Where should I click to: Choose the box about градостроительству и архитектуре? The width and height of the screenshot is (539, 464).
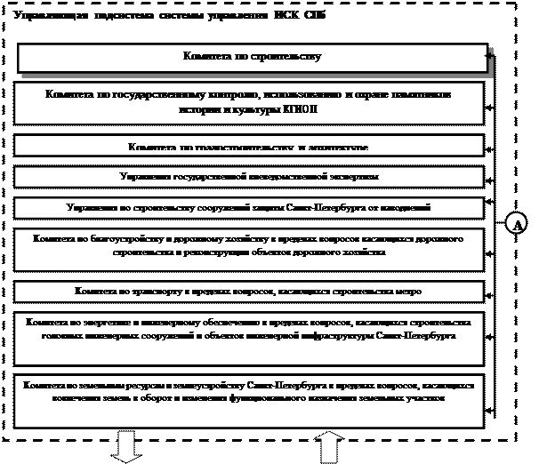click(x=249, y=146)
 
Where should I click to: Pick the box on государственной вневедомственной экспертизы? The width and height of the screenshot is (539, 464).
click(x=249, y=177)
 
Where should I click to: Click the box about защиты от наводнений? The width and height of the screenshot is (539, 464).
click(x=249, y=207)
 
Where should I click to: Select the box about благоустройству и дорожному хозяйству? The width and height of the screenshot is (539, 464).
click(x=249, y=246)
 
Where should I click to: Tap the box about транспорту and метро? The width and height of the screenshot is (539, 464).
click(x=249, y=291)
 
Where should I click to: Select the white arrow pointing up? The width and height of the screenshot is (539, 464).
click(x=327, y=445)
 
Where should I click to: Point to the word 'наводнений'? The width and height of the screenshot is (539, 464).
click(x=406, y=207)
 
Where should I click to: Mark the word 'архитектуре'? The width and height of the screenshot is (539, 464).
click(x=342, y=146)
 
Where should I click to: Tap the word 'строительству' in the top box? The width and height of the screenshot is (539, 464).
click(x=287, y=57)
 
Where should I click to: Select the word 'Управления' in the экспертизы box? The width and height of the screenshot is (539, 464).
click(x=142, y=177)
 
